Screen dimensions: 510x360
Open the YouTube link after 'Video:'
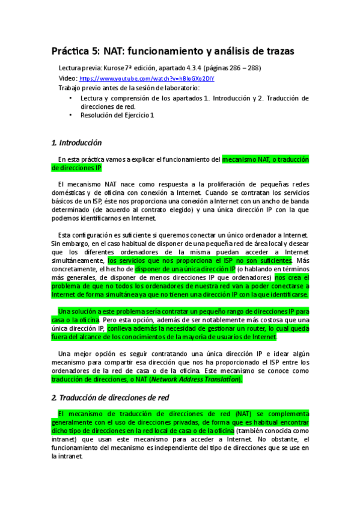(147, 78)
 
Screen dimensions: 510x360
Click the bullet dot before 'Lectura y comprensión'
(70, 97)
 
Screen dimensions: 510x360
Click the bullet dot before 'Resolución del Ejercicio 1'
(70, 114)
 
